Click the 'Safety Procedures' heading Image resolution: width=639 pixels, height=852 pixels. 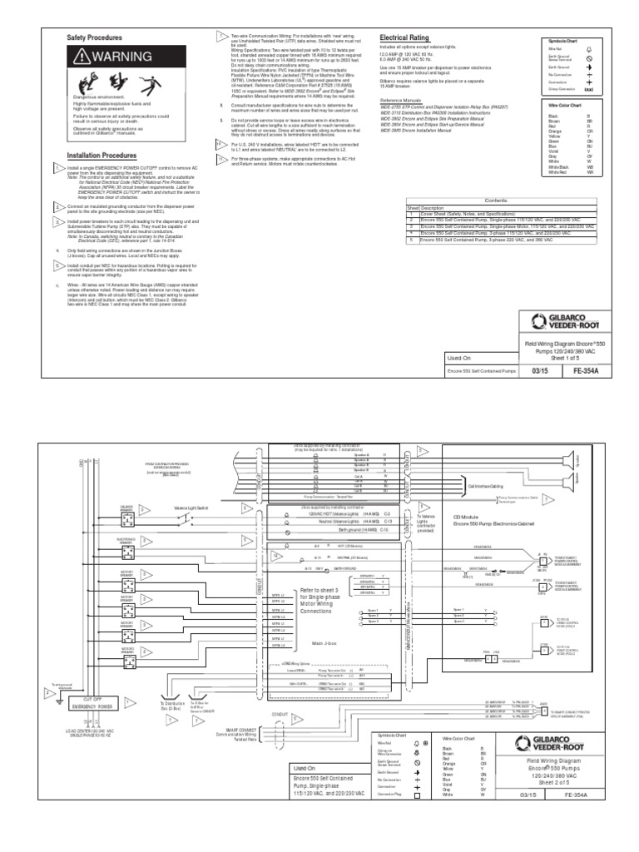click(94, 38)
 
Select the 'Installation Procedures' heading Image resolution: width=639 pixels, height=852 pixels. click(102, 155)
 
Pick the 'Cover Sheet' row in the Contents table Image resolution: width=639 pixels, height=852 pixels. click(466, 213)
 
